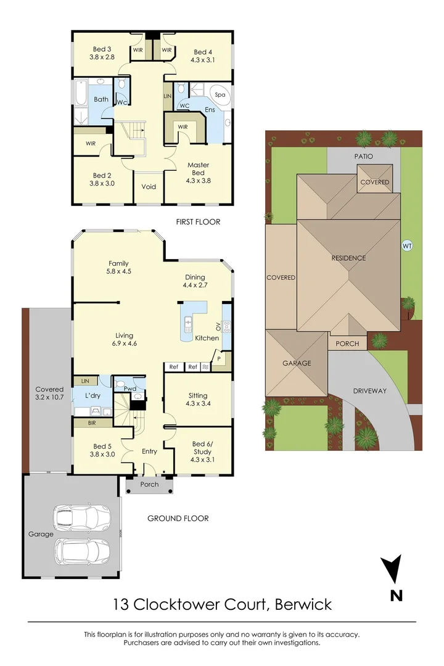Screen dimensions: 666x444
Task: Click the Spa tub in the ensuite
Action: pyautogui.click(x=220, y=96)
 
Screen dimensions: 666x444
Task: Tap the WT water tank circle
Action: pyautogui.click(x=407, y=245)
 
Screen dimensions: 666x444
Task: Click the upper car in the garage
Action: pyautogui.click(x=81, y=518)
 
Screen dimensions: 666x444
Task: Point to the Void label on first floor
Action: pyautogui.click(x=149, y=187)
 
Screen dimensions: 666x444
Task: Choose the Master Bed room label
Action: pyautogui.click(x=198, y=169)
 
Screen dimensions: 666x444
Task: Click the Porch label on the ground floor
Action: pyautogui.click(x=149, y=485)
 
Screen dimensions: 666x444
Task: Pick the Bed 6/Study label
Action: pyautogui.click(x=204, y=448)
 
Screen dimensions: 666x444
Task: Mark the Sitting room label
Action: pyautogui.click(x=198, y=400)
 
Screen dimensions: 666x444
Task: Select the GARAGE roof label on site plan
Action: pyautogui.click(x=297, y=363)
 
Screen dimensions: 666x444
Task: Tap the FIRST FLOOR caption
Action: pyautogui.click(x=198, y=222)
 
